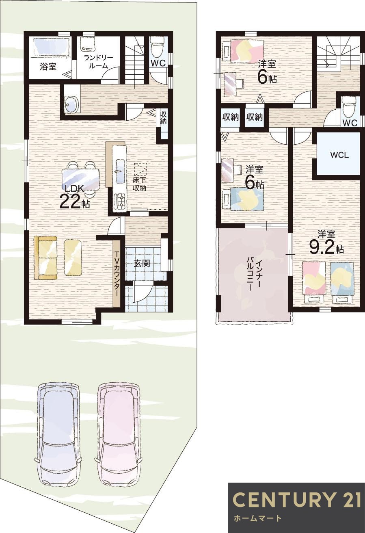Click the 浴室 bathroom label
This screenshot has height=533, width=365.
point(48,67)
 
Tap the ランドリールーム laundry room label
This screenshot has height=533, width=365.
point(98,62)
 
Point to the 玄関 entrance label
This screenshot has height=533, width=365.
point(142,263)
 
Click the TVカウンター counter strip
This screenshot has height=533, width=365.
point(117,273)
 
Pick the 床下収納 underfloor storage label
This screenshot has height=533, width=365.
point(140,184)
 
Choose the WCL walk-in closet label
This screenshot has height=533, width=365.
point(339,155)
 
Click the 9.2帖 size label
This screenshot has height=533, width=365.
point(326,248)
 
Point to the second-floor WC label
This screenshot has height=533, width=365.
point(350,123)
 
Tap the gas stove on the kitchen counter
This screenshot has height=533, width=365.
point(120,200)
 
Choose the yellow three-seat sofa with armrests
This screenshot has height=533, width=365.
point(45,258)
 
